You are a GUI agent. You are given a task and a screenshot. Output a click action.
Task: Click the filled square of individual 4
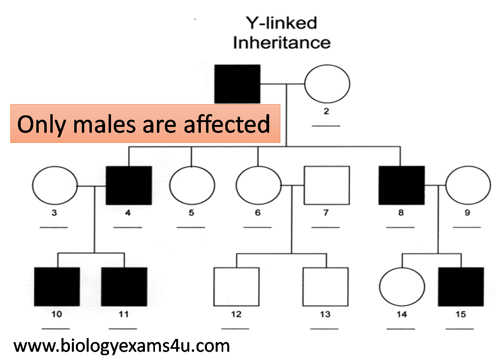point(129,186)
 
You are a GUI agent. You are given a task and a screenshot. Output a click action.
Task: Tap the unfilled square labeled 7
point(327,186)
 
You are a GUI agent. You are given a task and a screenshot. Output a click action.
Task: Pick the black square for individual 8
point(402,186)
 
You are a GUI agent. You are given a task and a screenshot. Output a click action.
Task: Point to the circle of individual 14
point(402,287)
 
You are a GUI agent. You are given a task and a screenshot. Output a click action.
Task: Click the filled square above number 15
point(461,287)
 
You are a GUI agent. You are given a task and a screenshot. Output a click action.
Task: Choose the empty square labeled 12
point(236,287)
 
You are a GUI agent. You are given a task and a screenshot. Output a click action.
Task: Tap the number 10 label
point(57,314)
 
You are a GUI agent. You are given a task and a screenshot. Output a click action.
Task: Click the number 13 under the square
point(325,314)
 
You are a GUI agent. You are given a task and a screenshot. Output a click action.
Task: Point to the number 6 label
point(258,213)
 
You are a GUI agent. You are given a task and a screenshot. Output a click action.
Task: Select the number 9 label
point(467,213)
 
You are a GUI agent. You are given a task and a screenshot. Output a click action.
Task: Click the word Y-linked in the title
point(282,23)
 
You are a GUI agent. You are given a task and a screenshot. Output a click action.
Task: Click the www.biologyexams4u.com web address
point(121,346)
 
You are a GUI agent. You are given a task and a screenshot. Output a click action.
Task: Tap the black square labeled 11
point(124,287)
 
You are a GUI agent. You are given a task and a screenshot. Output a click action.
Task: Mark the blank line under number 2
point(326,126)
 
